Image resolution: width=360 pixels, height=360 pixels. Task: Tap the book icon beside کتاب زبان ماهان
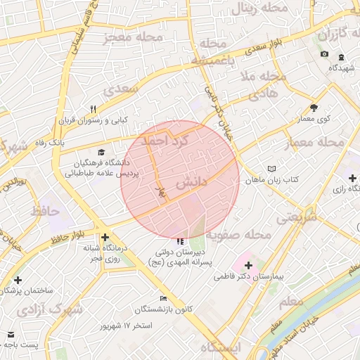click(272, 169)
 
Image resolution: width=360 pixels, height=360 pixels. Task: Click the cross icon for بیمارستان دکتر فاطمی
click(247, 265)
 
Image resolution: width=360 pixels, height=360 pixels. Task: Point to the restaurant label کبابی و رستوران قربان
click(94, 121)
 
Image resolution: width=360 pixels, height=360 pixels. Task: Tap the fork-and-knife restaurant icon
click(93, 109)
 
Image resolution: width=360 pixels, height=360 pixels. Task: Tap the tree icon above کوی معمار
click(314, 108)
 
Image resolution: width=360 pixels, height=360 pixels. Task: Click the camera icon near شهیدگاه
click(324, 54)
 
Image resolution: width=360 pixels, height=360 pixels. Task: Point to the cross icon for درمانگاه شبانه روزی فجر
click(105, 238)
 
